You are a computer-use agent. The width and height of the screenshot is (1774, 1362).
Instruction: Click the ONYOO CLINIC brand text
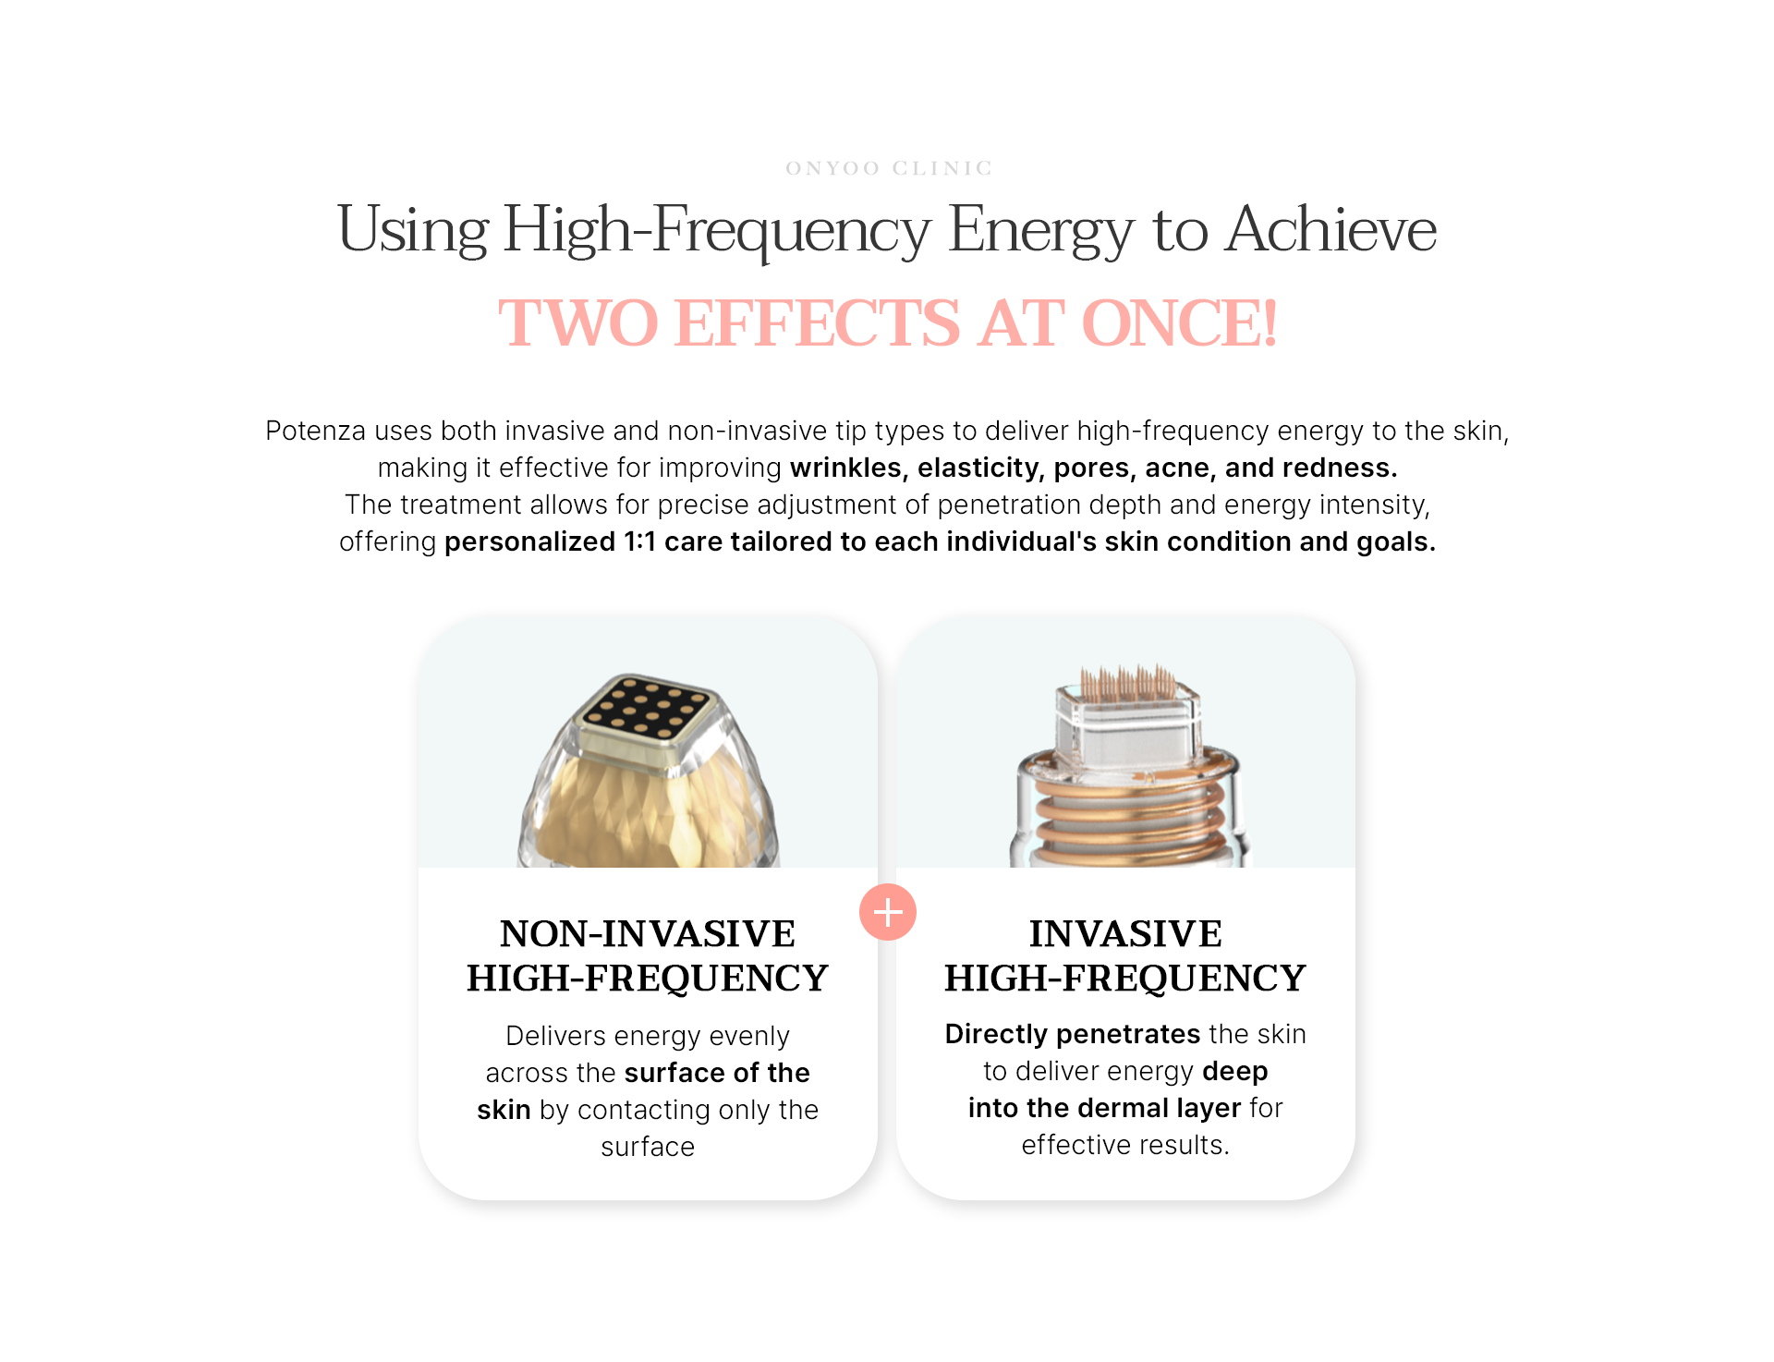(888, 168)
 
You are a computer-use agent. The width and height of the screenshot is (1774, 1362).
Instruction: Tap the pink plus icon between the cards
(888, 912)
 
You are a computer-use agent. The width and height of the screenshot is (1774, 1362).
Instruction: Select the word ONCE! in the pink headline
(1179, 323)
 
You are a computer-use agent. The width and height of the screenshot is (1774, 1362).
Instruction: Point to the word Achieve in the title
(1331, 229)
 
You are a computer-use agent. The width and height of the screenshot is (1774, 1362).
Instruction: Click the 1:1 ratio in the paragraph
(639, 541)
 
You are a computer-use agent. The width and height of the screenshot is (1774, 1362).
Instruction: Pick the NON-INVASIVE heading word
(648, 933)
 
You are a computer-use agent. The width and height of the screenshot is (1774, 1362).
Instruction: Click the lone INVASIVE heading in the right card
(1125, 933)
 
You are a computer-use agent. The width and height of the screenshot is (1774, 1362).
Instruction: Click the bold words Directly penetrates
(1073, 1034)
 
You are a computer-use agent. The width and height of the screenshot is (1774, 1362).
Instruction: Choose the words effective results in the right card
(1125, 1145)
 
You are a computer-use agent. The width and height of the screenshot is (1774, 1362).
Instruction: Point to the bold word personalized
(529, 542)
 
